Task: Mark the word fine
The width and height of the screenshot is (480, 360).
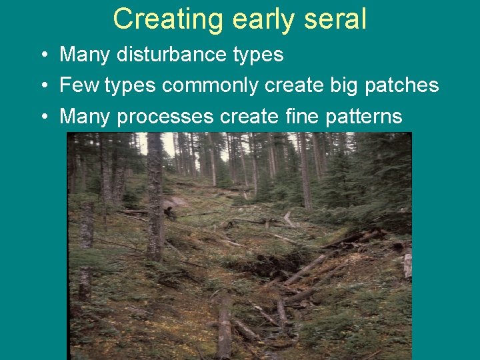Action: (301, 117)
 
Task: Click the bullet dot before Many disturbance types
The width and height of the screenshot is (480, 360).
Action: (43, 55)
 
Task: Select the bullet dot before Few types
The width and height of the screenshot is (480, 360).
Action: (43, 85)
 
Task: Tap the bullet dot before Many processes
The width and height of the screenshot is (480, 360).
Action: (43, 117)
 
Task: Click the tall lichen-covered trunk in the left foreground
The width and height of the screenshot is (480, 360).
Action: (155, 200)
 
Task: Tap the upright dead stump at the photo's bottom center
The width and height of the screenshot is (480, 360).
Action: (225, 327)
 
